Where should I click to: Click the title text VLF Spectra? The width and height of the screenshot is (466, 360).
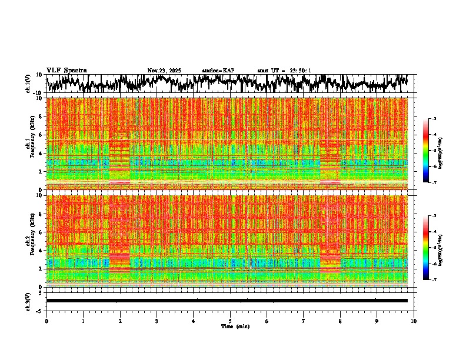tap(66, 70)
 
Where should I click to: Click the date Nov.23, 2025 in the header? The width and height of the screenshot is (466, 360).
tap(164, 71)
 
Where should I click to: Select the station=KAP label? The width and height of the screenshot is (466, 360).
tap(218, 71)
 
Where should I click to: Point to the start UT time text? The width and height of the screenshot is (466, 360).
tap(284, 71)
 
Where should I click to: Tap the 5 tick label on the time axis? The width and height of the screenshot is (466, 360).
tap(230, 321)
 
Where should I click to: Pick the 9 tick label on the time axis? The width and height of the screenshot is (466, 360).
tap(377, 321)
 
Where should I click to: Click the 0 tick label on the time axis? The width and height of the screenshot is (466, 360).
tap(46, 321)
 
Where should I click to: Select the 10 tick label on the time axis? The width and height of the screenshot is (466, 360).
tap(414, 321)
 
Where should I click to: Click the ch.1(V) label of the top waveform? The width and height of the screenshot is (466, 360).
tap(29, 84)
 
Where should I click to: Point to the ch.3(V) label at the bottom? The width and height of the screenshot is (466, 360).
tap(29, 300)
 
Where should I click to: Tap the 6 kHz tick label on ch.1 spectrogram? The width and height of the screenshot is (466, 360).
tap(41, 135)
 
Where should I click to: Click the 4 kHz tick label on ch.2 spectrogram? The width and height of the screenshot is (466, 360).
tap(41, 250)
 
